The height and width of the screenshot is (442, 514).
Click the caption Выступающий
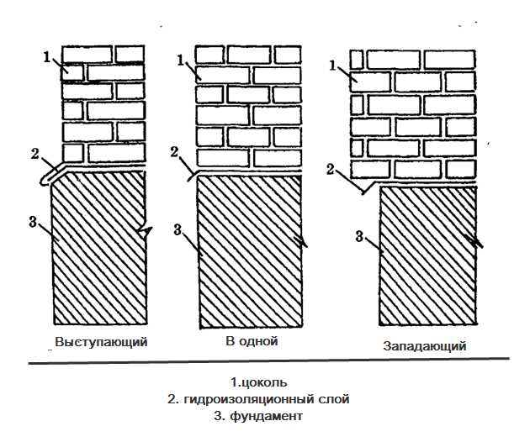(101, 342)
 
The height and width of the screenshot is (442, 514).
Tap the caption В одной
(251, 341)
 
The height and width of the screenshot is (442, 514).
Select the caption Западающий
(424, 345)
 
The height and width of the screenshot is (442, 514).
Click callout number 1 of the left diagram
(47, 57)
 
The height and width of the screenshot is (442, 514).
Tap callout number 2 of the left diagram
(34, 153)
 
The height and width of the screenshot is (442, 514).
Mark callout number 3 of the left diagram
(32, 222)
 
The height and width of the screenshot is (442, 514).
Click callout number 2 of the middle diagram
(174, 152)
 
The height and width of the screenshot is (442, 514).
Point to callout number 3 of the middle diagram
(178, 228)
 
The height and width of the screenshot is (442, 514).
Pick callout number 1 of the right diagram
(333, 64)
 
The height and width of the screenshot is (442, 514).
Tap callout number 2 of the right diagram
(331, 169)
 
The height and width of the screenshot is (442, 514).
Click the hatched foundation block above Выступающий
(99, 252)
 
